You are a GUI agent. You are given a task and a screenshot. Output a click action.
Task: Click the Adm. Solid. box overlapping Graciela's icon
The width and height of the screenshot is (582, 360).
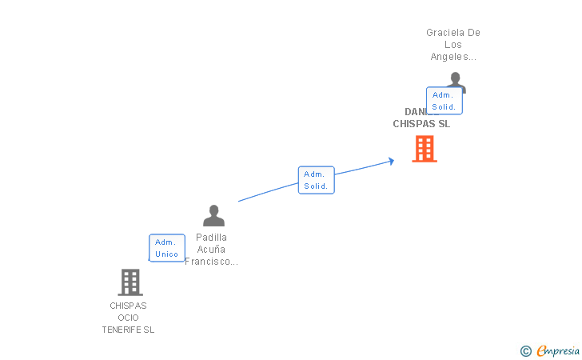444,101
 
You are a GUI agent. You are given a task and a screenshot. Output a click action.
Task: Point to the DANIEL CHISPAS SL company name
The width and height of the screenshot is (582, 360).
421,124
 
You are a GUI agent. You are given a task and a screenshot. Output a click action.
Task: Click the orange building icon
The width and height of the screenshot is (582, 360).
424,149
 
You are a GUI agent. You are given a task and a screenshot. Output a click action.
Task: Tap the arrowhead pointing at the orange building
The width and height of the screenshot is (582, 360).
391,161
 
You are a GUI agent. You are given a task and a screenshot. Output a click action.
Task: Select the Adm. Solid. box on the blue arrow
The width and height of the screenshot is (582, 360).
316,180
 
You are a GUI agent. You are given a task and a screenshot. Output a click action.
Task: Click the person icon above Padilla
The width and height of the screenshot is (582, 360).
213,215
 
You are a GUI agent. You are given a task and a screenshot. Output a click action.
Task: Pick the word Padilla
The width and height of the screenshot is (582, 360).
212,238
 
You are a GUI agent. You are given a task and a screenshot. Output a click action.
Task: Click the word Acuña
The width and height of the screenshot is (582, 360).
212,250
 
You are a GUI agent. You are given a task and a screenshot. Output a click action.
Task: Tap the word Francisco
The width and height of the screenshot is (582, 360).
210,262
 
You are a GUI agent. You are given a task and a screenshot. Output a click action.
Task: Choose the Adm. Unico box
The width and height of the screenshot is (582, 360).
167,248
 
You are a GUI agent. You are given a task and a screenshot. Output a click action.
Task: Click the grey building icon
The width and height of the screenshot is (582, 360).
130,282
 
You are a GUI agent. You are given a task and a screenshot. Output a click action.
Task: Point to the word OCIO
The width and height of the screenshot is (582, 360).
128,318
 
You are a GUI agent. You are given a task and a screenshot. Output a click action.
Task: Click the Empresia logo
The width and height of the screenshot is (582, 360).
558,350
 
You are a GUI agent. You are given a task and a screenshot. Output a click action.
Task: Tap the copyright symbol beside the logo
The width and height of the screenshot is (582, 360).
525,350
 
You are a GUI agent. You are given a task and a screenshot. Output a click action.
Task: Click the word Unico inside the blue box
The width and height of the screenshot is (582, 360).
167,254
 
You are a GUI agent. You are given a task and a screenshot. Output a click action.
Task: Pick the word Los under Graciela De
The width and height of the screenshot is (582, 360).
453,45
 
